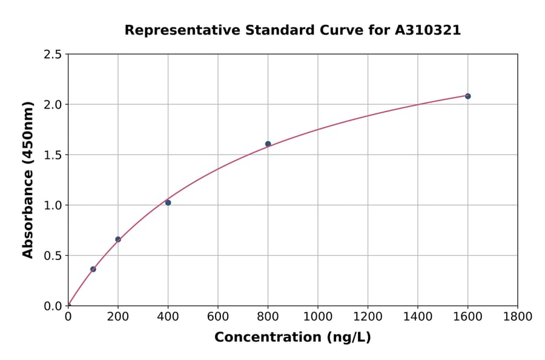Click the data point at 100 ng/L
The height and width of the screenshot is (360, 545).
[93, 269]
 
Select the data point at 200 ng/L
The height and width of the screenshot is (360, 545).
[118, 239]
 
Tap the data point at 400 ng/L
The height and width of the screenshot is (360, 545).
[168, 202]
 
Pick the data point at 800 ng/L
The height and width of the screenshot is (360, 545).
[268, 144]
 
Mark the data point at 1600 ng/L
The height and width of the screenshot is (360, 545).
[467, 96]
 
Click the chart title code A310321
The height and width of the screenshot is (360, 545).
[428, 30]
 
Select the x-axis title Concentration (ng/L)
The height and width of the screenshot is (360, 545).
[292, 337]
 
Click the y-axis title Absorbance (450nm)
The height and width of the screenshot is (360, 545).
[28, 179]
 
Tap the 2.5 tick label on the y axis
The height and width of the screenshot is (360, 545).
[53, 55]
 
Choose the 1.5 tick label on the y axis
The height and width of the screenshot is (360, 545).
[53, 155]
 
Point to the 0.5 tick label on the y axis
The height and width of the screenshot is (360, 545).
[53, 256]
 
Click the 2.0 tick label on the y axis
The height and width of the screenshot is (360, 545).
[53, 105]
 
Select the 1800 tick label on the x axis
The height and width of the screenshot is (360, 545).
[517, 316]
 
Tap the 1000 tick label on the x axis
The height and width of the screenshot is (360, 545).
[317, 316]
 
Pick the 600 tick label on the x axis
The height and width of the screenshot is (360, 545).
[218, 316]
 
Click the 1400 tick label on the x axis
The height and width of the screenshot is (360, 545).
[417, 316]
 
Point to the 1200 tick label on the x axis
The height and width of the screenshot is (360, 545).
[368, 316]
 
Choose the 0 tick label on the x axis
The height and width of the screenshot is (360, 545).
[68, 316]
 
